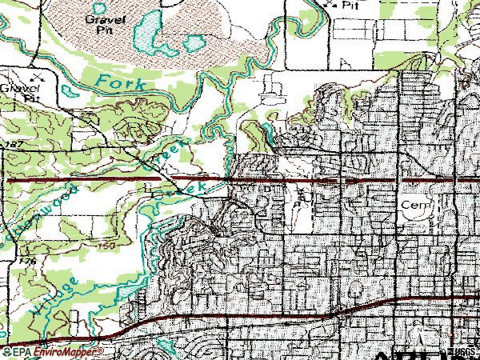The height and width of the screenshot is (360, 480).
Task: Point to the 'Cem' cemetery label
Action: pyautogui.click(x=415, y=205)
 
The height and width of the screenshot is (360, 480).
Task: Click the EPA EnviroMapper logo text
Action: pyautogui.click(x=52, y=352)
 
